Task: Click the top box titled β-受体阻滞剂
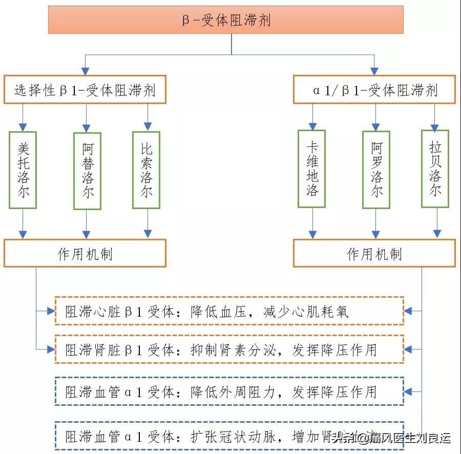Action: (226, 19)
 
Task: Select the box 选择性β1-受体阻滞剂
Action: (85, 90)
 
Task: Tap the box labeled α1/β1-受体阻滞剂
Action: (374, 90)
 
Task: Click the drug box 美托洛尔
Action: (23, 170)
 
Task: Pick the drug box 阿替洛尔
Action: (87, 171)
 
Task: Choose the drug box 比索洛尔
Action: (146, 170)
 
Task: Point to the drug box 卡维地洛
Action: (312, 169)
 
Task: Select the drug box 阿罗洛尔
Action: (376, 170)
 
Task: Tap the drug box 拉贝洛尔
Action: (435, 169)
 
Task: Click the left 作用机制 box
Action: (85, 253)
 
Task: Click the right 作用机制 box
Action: (374, 253)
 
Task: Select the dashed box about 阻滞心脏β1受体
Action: (229, 311)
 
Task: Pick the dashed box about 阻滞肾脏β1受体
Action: (229, 349)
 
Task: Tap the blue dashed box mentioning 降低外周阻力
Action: (229, 391)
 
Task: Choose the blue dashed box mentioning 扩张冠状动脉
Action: (229, 436)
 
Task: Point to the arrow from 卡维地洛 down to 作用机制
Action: (312, 223)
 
